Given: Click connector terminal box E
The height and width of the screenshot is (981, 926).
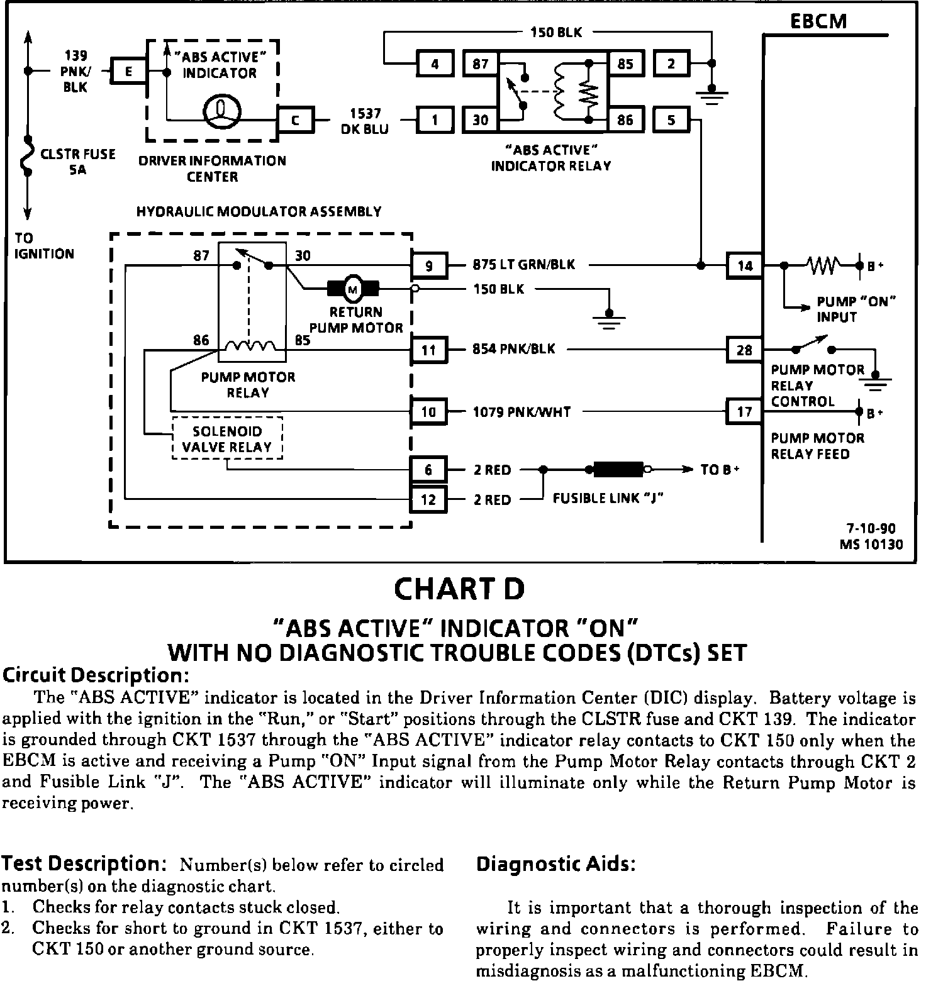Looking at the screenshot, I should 128,72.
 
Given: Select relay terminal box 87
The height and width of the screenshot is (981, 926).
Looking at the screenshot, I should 481,64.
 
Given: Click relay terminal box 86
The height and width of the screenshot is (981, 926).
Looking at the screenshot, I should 625,119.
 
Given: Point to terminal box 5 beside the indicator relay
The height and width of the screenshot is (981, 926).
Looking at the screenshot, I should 671,119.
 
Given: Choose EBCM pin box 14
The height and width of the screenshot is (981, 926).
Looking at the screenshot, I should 745,265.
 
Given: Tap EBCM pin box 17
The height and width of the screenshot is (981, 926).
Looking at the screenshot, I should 745,411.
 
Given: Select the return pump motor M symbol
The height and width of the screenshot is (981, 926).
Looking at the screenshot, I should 353,289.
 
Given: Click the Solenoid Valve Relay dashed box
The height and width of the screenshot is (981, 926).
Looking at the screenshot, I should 227,439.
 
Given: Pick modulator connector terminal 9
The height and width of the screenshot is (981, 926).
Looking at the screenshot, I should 429,265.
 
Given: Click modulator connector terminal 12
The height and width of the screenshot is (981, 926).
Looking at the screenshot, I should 429,500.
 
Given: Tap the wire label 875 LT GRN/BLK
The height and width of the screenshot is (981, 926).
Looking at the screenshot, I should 523,265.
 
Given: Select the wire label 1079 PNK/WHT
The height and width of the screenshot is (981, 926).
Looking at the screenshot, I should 522,412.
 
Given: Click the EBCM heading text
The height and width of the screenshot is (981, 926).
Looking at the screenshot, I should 818,22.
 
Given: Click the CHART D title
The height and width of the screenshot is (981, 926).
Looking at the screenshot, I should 459,589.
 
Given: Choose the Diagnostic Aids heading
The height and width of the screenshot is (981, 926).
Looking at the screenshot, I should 556,864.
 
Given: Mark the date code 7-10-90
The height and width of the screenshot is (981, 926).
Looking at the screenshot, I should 871,529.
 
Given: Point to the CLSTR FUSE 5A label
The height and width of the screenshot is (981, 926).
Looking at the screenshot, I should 77,162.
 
